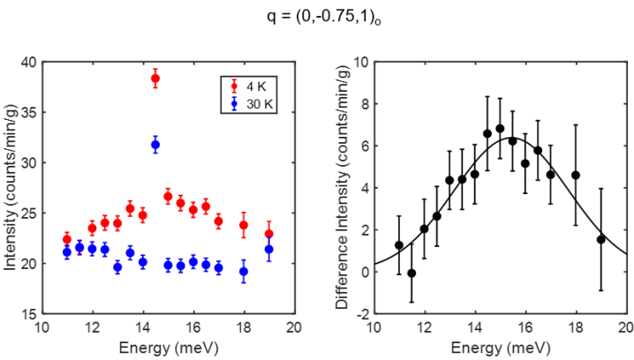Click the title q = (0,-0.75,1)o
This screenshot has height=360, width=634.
[317, 16]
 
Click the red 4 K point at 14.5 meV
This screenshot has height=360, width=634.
[155, 79]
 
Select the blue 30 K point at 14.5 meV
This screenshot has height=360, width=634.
[155, 144]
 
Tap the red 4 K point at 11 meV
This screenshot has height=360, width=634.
[67, 239]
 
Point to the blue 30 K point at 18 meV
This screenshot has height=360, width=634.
[244, 272]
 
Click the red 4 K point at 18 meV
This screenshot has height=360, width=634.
[244, 225]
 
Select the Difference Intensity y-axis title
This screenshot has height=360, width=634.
[341, 188]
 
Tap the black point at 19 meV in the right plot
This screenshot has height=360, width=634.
[600, 239]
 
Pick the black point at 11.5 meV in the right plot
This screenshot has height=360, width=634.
[411, 274]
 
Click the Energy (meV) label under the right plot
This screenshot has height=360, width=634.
[500, 346]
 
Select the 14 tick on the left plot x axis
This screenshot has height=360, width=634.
[142, 327]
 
